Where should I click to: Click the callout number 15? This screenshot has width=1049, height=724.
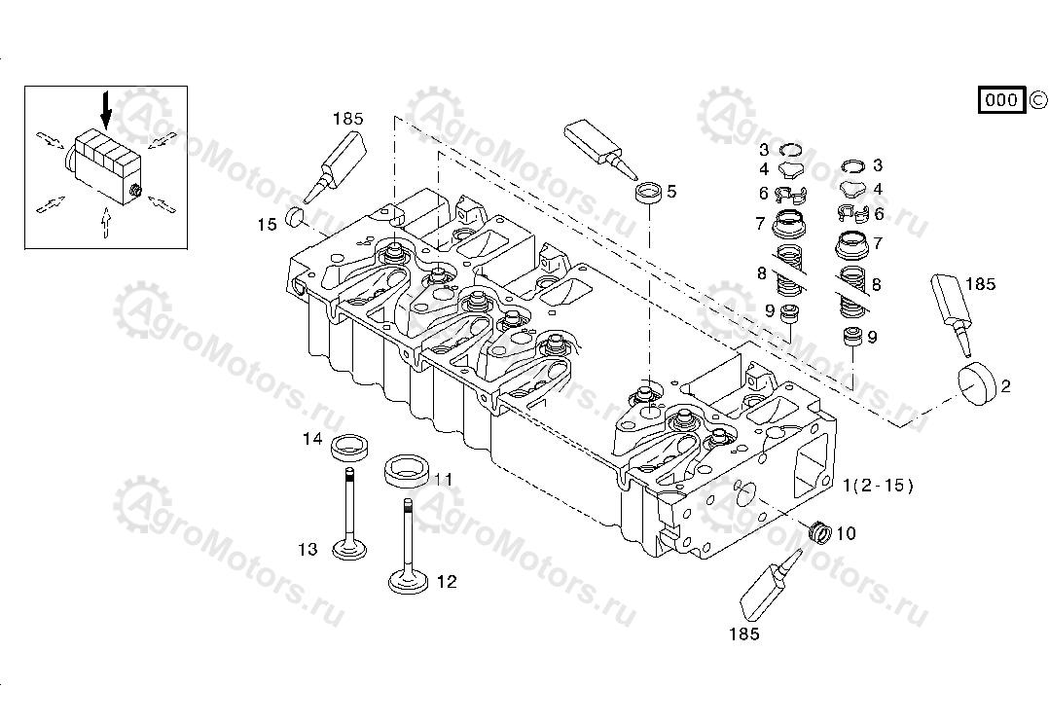tap(267, 225)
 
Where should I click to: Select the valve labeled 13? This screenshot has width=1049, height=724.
tap(348, 515)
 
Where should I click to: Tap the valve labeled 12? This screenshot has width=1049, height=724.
tap(406, 546)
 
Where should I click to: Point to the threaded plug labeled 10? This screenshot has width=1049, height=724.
tap(819, 531)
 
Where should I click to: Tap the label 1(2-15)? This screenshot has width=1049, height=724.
tap(878, 486)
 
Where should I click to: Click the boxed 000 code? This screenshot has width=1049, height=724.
tap(1000, 99)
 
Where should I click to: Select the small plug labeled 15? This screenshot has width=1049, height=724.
tap(297, 215)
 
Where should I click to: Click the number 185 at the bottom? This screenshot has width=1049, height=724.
tap(742, 634)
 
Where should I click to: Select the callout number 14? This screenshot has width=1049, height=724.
tap(311, 439)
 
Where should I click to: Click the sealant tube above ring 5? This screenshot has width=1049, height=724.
tap(597, 147)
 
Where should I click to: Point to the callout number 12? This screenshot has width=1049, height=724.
tap(446, 582)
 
